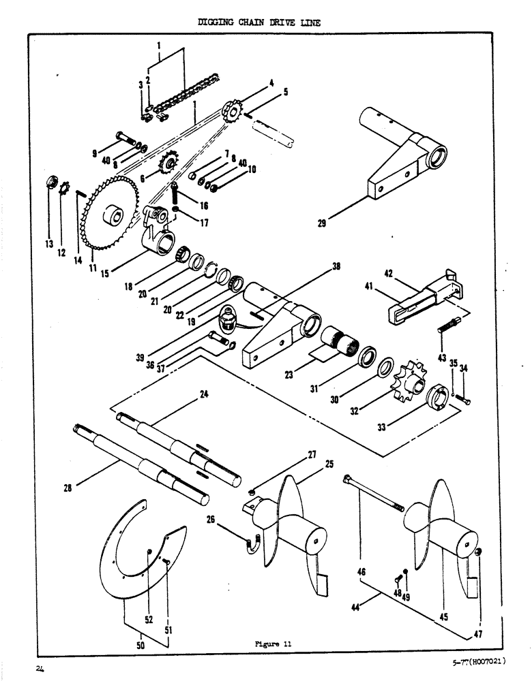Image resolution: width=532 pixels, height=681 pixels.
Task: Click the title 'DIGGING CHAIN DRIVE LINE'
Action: point(258,22)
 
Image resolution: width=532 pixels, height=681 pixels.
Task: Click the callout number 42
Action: point(389,274)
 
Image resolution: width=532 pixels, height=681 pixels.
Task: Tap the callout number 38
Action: point(335,268)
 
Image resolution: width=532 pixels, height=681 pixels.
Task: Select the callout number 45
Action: point(444,618)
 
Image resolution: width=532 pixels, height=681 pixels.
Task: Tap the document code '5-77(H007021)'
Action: point(481,661)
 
